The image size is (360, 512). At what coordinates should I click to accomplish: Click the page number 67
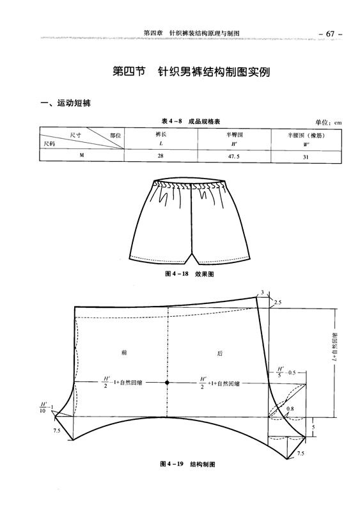point(330,34)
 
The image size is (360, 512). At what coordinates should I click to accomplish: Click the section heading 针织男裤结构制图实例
point(214,72)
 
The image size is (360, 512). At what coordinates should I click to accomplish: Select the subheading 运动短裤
point(74,103)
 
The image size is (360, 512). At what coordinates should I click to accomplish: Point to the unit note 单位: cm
point(328,122)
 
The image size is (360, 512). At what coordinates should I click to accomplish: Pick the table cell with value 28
point(160,156)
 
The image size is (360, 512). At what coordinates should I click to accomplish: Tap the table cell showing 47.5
point(233,156)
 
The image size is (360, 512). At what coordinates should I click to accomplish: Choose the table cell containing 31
point(306,157)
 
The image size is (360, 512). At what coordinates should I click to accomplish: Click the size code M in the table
point(82,155)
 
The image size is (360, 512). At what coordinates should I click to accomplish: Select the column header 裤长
point(161,134)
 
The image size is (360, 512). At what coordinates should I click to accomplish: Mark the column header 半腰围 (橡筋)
point(306,135)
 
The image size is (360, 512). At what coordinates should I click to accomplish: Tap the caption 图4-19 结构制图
point(187,464)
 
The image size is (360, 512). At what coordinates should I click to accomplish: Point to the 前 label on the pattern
point(124,353)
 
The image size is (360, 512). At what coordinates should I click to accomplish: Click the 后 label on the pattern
point(220,353)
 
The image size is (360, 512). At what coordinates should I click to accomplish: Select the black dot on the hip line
point(167,382)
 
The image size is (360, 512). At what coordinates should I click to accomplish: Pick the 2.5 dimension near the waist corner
point(278,303)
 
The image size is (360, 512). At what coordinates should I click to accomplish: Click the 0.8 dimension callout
point(290,408)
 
